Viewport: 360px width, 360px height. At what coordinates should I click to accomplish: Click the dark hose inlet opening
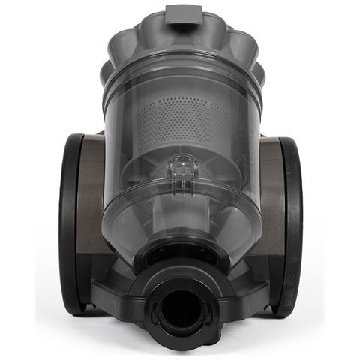coord(181,308)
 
